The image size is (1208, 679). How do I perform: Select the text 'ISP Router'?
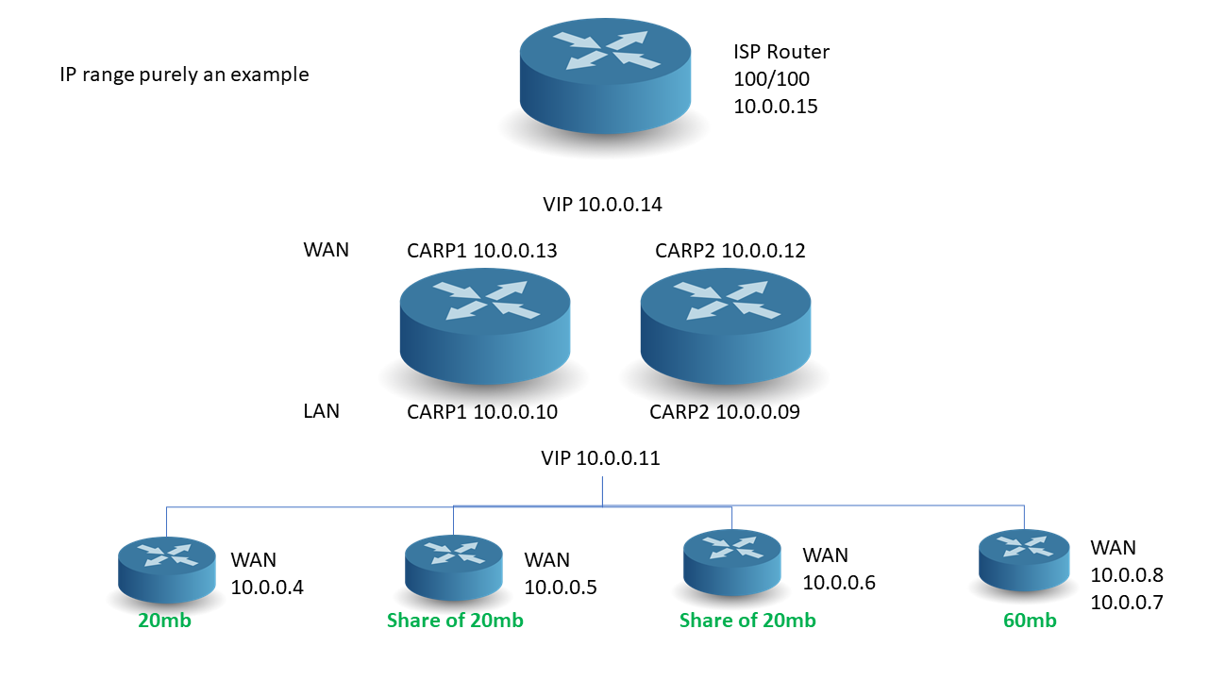(x=781, y=52)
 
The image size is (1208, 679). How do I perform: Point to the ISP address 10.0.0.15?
(x=775, y=107)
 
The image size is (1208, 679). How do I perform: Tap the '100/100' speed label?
(x=771, y=79)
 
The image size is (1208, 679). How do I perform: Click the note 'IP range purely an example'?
(x=185, y=75)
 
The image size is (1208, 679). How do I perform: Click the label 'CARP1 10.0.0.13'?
(x=482, y=251)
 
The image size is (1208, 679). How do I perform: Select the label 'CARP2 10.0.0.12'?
(x=730, y=251)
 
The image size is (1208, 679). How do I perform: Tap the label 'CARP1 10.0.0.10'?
(x=482, y=412)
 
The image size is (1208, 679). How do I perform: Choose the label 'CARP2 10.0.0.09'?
(x=725, y=412)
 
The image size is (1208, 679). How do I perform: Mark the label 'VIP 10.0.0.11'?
(x=600, y=459)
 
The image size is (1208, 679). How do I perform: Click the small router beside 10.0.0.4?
(x=167, y=567)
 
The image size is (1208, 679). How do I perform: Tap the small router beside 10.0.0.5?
(x=453, y=564)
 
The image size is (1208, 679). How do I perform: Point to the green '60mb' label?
(x=1030, y=621)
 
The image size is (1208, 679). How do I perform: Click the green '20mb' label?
(x=165, y=621)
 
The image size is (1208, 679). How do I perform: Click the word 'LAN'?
(x=321, y=411)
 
